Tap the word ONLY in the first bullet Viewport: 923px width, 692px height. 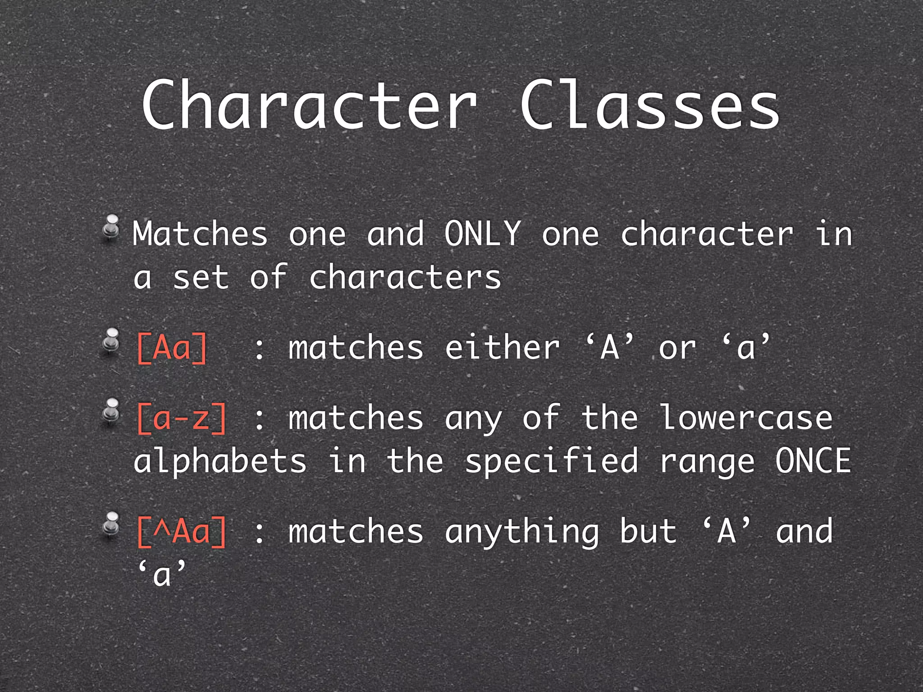[x=483, y=233]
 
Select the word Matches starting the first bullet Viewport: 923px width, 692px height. [x=201, y=233]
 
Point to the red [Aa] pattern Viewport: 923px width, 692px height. [x=172, y=347]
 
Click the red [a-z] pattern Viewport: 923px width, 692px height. [x=181, y=418]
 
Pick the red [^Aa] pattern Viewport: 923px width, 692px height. [x=181, y=532]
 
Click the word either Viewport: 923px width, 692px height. [x=502, y=347]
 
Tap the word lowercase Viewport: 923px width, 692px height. [x=746, y=418]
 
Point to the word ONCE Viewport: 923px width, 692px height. [x=813, y=460]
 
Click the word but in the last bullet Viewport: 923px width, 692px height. [x=648, y=531]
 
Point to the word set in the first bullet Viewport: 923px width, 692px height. [x=201, y=278]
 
